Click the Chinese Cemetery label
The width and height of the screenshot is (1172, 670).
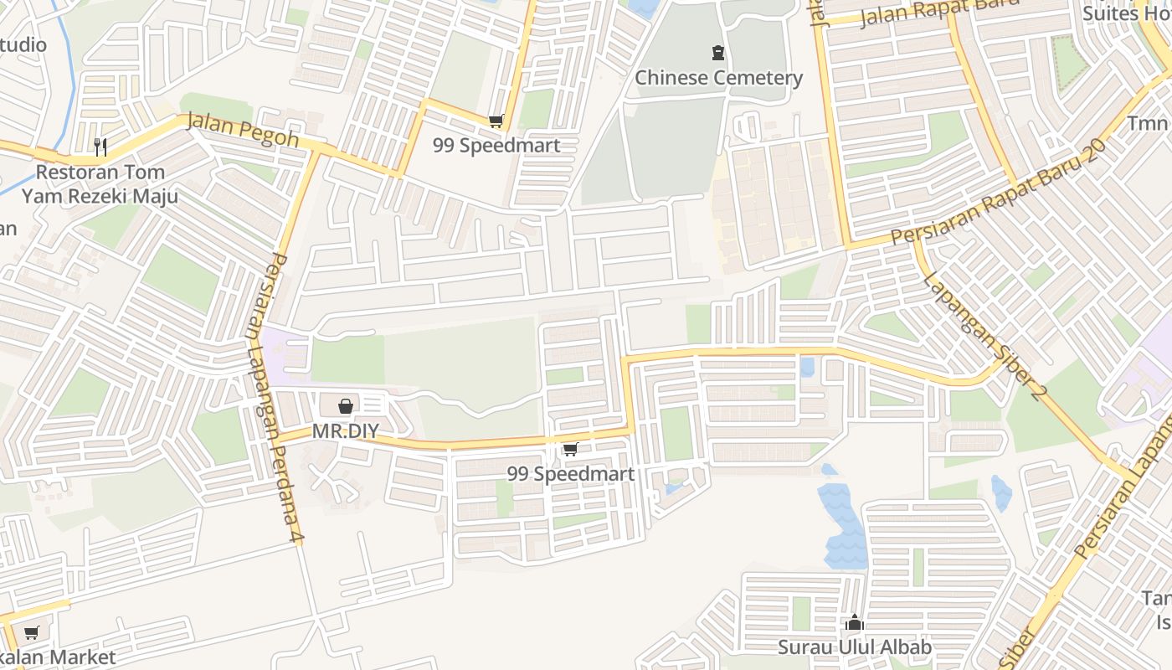tap(718, 78)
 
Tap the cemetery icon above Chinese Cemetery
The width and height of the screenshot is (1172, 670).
tap(718, 54)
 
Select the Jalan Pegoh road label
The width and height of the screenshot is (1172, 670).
tap(242, 129)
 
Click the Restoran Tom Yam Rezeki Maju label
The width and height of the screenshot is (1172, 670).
tap(100, 184)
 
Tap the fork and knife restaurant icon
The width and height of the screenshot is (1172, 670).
tap(100, 147)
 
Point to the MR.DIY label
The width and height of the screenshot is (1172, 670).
tap(345, 432)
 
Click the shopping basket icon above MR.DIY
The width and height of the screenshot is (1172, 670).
tap(345, 407)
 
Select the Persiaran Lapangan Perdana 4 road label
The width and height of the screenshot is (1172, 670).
tap(274, 399)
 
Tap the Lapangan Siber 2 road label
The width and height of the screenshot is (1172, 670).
tap(983, 334)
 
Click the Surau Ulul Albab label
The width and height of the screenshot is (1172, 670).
tap(854, 647)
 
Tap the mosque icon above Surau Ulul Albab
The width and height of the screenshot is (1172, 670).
tap(854, 623)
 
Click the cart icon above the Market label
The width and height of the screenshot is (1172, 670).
tap(32, 633)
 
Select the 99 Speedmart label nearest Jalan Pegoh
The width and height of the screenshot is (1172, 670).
tap(496, 145)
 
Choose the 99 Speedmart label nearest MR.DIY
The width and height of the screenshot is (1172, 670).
tap(570, 474)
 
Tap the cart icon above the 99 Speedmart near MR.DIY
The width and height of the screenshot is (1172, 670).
tap(570, 450)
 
